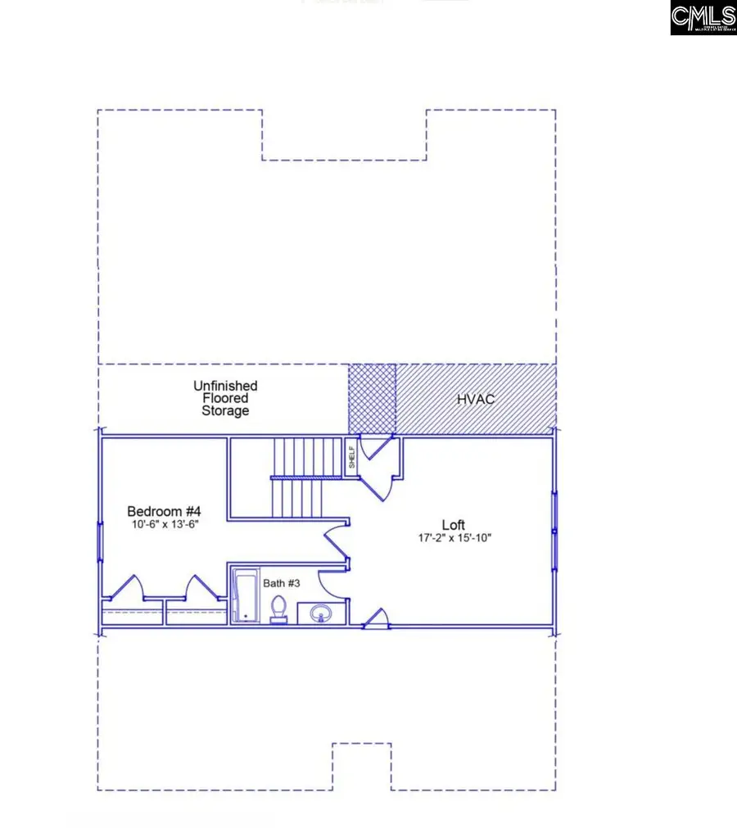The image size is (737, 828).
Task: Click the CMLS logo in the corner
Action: coord(703,17)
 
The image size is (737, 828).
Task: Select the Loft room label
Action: coord(454,525)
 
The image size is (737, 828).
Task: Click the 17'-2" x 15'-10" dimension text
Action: coord(454,539)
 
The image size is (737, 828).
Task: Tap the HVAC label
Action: coord(477,399)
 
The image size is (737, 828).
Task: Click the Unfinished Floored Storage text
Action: coord(225,397)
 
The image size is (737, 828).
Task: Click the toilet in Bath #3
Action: coord(278,609)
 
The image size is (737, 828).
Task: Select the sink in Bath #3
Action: coord(319,612)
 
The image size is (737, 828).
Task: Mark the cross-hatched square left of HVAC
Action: coord(373,399)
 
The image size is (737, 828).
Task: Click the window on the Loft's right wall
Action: coord(554,532)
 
